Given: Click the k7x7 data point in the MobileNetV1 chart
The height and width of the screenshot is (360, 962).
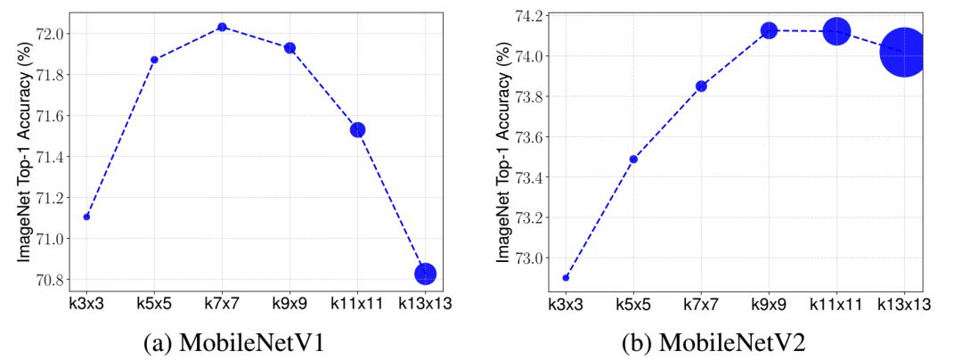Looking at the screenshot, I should (x=222, y=27).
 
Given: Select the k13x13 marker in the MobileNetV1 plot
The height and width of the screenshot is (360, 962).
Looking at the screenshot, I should (x=425, y=274).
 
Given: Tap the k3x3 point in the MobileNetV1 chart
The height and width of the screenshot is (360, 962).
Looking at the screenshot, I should (x=86, y=217).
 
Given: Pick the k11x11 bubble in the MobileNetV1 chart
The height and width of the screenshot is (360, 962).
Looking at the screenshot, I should (x=358, y=129).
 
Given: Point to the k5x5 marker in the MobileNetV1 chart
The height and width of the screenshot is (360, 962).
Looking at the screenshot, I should (x=154, y=60).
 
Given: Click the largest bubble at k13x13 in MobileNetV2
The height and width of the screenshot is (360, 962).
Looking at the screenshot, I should (x=904, y=53).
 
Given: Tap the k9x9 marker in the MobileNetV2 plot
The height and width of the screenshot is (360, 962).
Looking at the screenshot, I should (x=769, y=30).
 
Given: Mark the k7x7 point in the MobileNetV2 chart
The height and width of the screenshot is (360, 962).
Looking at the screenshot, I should (x=701, y=86).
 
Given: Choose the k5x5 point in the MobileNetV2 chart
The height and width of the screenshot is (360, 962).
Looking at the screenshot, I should (x=633, y=159).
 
